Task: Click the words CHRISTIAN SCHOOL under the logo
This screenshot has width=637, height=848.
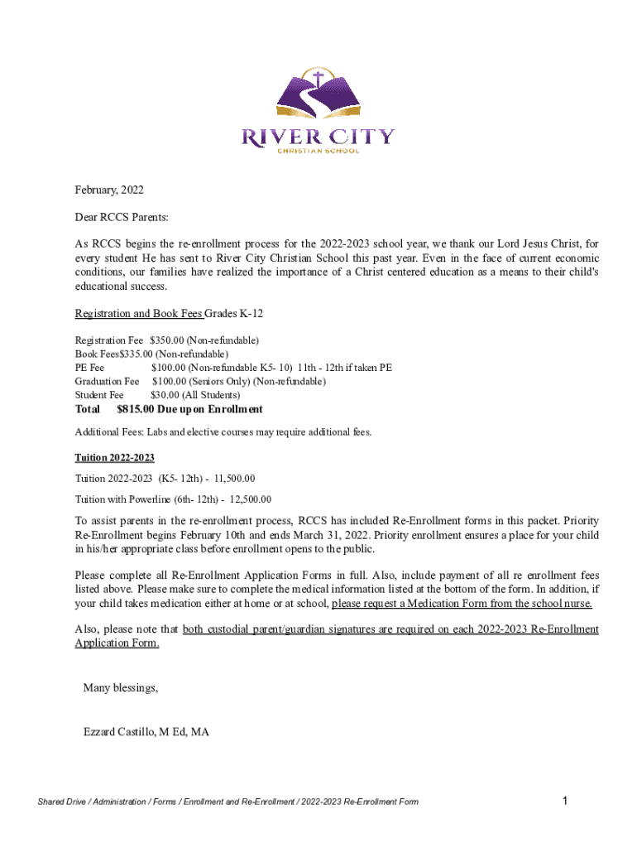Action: pos(318,151)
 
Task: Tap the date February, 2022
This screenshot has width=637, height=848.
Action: pos(109,190)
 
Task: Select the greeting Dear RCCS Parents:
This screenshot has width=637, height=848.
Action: pos(122,218)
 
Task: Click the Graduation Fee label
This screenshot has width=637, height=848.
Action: pos(107,382)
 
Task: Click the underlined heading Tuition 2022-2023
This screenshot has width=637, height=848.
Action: pos(115,458)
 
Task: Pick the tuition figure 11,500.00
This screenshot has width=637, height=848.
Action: pos(234,479)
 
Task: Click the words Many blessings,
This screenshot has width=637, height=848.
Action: pos(121,688)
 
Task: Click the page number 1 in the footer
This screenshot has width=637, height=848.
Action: pos(563,801)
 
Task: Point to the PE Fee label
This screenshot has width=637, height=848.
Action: pos(89,369)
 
